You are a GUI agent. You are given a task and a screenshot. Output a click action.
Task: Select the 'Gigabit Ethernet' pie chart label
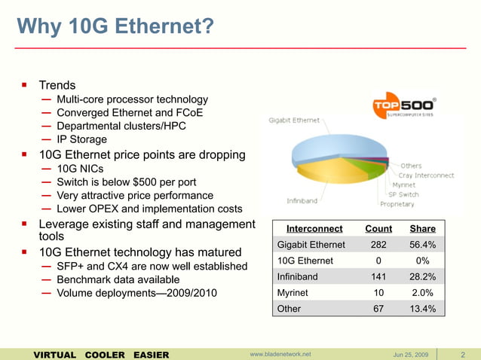[293, 120]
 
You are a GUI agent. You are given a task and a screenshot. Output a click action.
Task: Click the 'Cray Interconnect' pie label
[427, 175]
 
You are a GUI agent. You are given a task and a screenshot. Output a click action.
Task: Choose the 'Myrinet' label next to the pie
[406, 185]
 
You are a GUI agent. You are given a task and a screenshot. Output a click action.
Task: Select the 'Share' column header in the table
[422, 229]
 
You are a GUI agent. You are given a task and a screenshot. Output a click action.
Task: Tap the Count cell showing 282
[378, 245]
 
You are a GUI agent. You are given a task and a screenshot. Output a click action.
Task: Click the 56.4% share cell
[422, 245]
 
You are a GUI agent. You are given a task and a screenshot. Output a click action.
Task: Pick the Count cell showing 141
[378, 276]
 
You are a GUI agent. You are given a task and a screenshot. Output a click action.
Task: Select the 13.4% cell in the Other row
[422, 308]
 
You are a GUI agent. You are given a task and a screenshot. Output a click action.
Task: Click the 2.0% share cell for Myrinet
[422, 292]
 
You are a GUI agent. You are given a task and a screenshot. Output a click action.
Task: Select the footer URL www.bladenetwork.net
[280, 354]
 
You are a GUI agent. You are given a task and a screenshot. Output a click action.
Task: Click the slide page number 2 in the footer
[461, 354]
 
